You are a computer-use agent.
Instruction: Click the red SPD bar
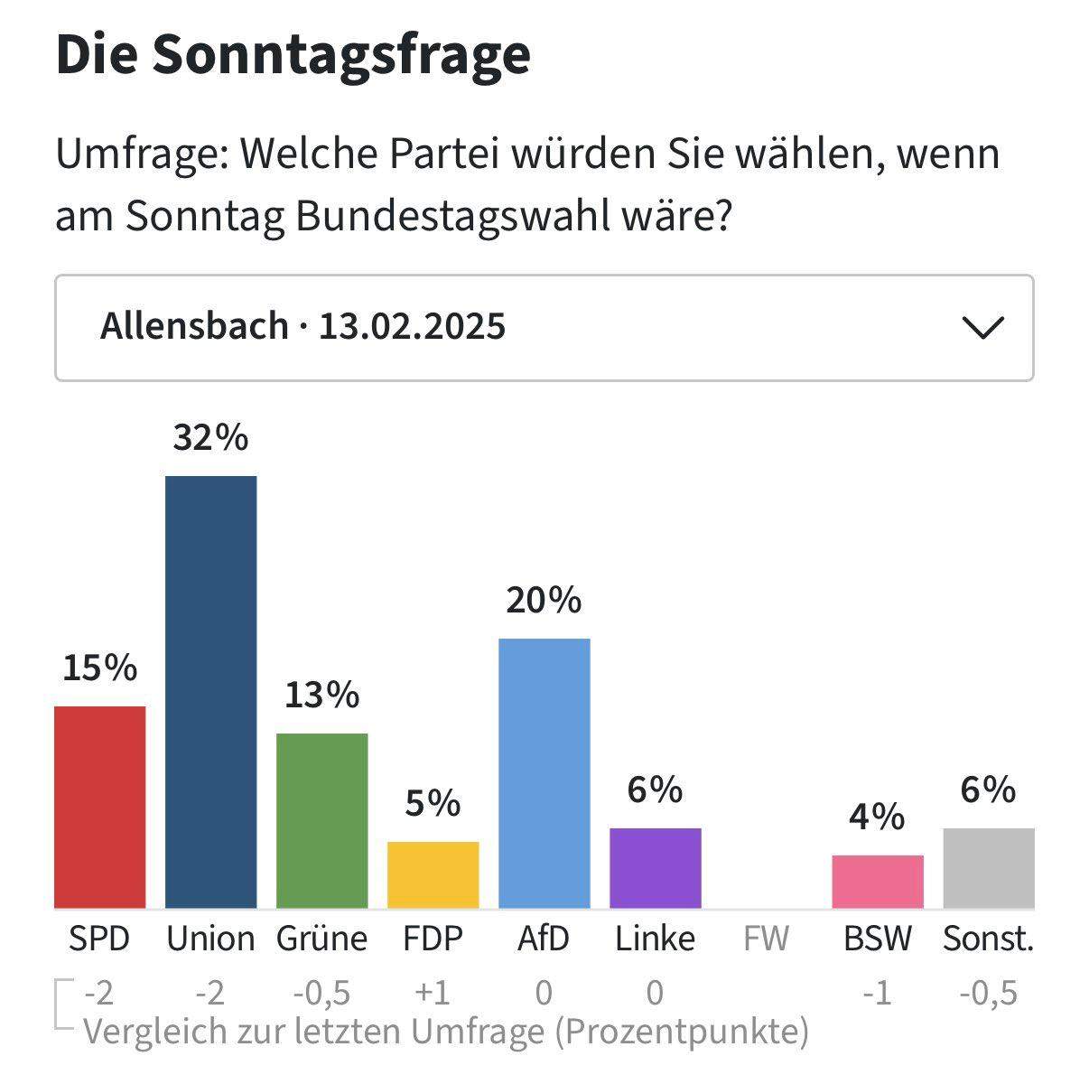[99, 807]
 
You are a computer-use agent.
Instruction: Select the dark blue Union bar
[210, 691]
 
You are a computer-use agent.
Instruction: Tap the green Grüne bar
[321, 820]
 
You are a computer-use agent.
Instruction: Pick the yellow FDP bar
[433, 874]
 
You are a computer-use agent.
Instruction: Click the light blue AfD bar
[544, 772]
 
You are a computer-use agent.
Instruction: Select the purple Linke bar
[655, 867]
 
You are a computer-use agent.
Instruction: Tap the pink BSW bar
[877, 881]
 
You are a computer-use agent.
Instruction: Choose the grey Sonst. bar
[988, 867]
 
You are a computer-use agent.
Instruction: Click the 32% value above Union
[210, 438]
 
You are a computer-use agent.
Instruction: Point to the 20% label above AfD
[544, 600]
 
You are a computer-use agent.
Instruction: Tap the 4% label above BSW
[877, 817]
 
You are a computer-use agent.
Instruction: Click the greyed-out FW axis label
[766, 939]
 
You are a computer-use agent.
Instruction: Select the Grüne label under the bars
[321, 939]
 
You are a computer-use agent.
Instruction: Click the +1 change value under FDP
[433, 993]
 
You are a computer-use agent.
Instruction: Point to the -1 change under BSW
[877, 993]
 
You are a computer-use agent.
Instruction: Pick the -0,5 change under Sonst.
[988, 993]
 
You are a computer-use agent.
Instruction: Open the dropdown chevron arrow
[983, 327]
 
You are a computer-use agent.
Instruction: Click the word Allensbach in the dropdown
[194, 326]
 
